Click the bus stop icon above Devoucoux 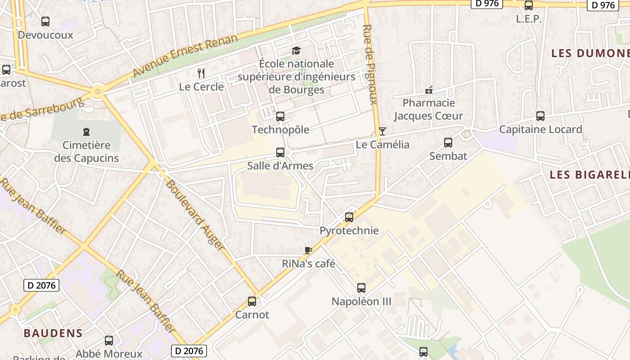pos(45,21)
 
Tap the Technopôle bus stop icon pos(280,117)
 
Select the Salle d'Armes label pos(280,166)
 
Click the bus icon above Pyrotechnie pos(349,217)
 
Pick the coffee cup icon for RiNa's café pos(308,250)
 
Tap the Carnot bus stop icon pos(252,301)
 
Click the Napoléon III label pos(361,301)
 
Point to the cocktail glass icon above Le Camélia pos(382,131)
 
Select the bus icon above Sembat pos(448,143)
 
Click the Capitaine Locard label pos(540,130)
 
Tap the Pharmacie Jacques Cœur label pos(428,109)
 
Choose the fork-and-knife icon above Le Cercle pos(201,73)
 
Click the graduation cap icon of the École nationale pos(296,50)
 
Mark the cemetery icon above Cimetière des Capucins pos(86,132)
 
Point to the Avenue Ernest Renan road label pos(185,56)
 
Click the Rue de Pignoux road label pos(370,64)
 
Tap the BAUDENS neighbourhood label pos(53,333)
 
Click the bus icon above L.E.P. pos(529,5)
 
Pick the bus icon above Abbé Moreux pos(109,341)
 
